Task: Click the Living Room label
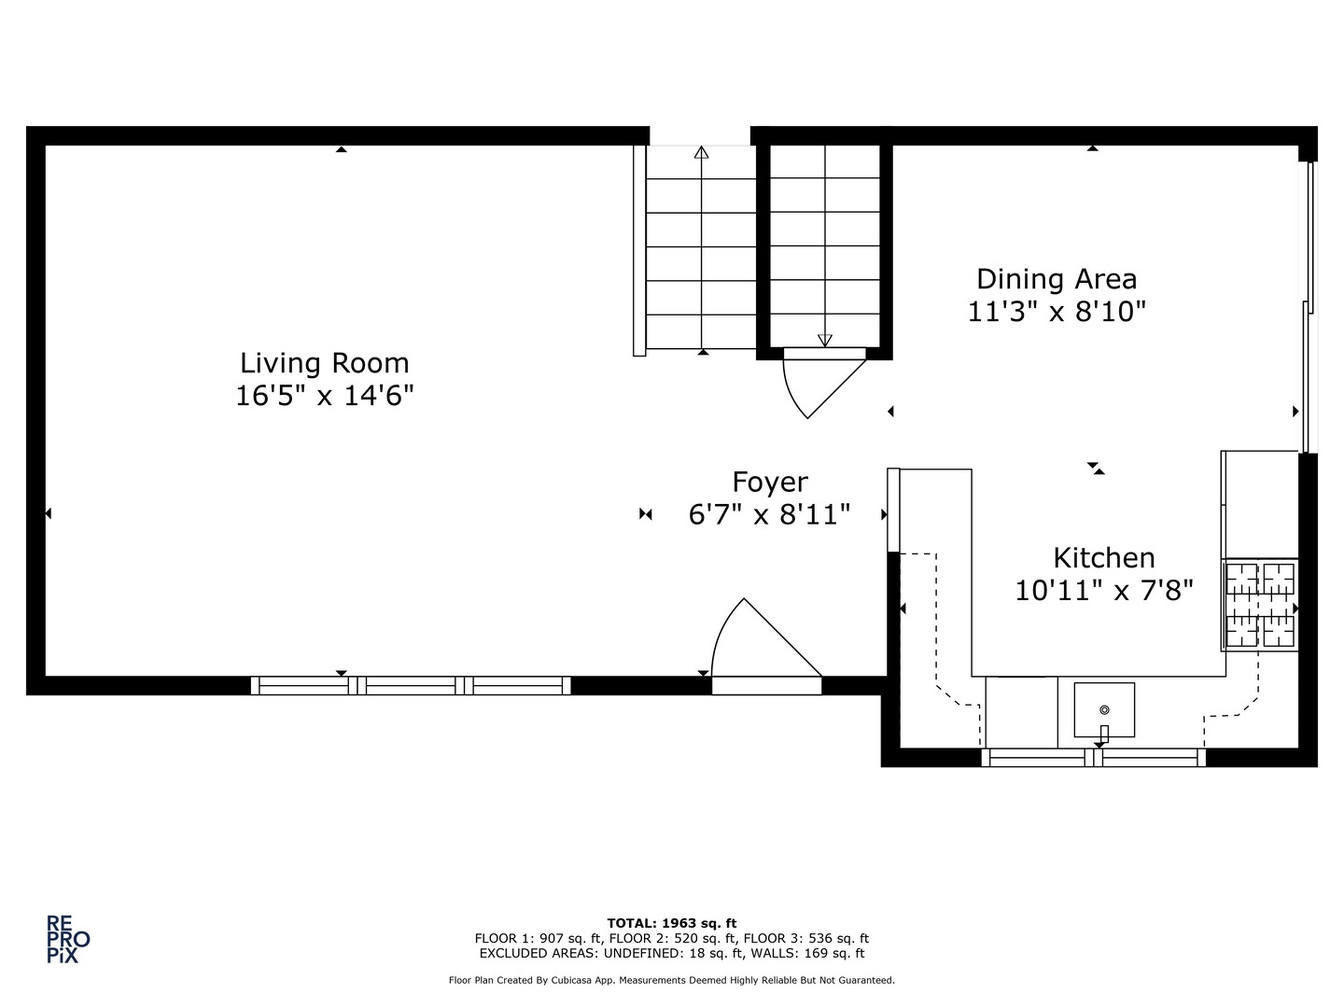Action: coord(324,362)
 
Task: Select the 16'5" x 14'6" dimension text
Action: coord(324,396)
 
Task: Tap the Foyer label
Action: coord(769,482)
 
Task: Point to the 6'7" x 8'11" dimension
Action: coord(769,514)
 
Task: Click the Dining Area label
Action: coord(1057,279)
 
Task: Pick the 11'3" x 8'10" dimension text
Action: coord(1057,312)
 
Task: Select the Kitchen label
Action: coord(1104,558)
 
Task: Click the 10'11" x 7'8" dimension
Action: coord(1104,591)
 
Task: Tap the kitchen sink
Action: coord(1104,710)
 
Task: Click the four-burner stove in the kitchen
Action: coord(1260,605)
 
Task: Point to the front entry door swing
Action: coord(761,644)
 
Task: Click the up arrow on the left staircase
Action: coord(702,153)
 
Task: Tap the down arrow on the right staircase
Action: coord(824,340)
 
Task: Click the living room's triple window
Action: coord(411,686)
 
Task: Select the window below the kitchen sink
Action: coord(1094,758)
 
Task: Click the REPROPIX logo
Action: coord(68,939)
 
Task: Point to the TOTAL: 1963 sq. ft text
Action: coord(672,923)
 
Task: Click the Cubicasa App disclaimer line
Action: coord(672,980)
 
